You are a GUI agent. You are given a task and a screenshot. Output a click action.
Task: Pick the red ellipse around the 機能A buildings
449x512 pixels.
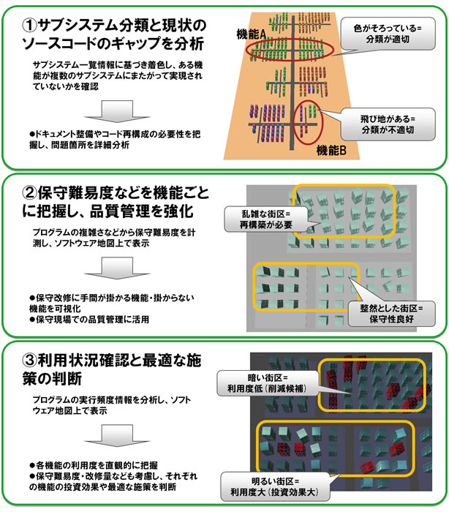[x=290, y=53]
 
